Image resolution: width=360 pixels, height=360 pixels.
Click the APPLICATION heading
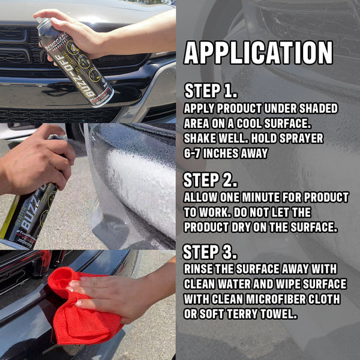coord(258,53)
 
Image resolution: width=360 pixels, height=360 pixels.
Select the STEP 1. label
coord(211,91)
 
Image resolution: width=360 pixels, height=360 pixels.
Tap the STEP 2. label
coord(211,180)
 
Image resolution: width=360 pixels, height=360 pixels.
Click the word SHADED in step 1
coord(316,109)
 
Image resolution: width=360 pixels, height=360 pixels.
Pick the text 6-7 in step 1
coord(194,153)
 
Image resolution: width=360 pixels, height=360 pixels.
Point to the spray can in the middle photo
coord(30,210)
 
